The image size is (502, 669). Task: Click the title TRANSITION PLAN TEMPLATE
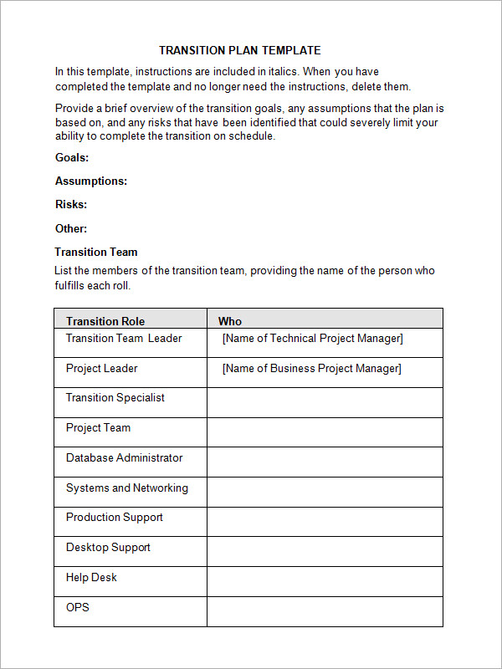point(239,50)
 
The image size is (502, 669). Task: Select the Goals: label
point(72,157)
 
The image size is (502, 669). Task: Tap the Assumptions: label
point(91,181)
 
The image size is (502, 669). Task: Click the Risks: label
point(71,204)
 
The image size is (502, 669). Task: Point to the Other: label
point(71,228)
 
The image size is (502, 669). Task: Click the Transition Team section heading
point(96,252)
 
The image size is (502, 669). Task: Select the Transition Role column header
point(105,321)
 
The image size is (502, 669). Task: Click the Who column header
point(230,321)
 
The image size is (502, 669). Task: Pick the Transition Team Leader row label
point(124,339)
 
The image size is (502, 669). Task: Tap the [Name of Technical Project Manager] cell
point(313,339)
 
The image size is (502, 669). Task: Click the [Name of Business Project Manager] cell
point(312,369)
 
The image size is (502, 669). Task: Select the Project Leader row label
point(102,369)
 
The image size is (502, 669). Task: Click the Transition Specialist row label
point(115,398)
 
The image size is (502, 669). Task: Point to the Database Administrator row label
point(124,458)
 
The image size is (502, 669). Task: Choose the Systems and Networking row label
point(127,488)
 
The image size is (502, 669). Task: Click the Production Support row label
point(115,518)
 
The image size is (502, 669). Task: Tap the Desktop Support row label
point(108,548)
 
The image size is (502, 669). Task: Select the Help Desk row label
point(91,578)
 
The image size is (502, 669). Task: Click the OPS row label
point(78,607)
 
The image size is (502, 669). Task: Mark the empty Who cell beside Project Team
point(325,432)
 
